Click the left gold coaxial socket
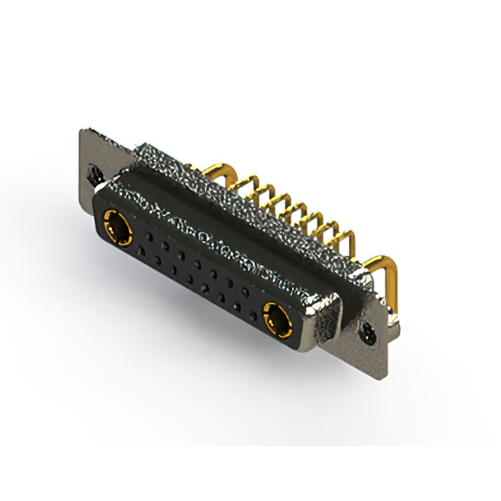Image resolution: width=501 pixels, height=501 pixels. point(120,229)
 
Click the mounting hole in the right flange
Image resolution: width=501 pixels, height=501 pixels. point(368,335)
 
